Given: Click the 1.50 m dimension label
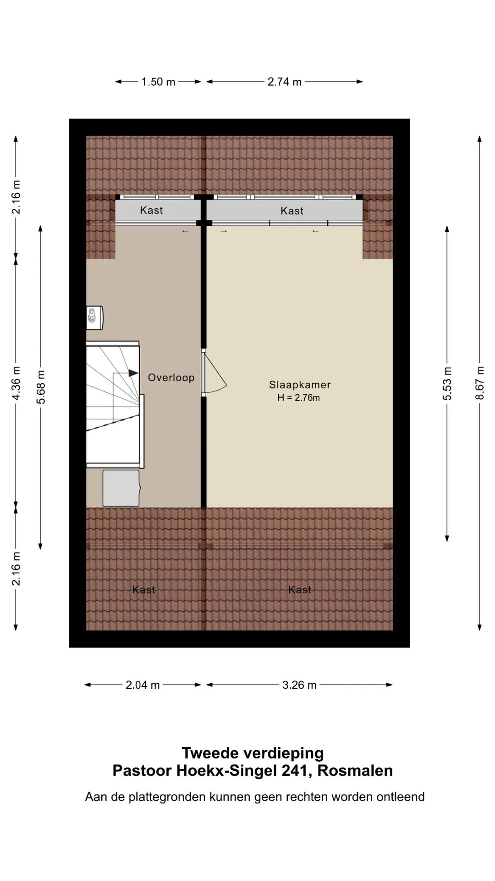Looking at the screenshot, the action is click(x=158, y=82).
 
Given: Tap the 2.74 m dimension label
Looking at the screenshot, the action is click(x=285, y=82).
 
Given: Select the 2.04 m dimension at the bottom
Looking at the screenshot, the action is click(x=143, y=685).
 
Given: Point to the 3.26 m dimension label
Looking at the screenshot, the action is click(x=299, y=685).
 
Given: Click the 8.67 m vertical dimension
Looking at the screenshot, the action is click(x=479, y=383).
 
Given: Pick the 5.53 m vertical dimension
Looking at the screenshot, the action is click(x=447, y=384).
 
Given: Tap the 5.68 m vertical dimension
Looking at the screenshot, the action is click(x=41, y=387).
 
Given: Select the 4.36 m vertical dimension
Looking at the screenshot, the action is click(x=16, y=383).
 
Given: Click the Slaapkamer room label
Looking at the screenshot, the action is click(x=300, y=385).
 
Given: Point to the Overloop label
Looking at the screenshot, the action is click(x=171, y=378).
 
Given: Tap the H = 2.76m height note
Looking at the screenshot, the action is click(x=298, y=398).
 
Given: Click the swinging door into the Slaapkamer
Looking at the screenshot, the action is click(x=214, y=372).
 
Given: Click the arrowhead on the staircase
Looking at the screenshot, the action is click(x=133, y=373).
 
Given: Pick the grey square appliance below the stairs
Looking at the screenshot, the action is click(x=121, y=488).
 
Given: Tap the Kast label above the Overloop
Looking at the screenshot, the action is click(x=151, y=210).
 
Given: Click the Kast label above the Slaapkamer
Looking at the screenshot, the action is click(x=292, y=211).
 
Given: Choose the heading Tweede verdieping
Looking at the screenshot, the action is click(x=253, y=753).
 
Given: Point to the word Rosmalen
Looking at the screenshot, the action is click(x=355, y=770).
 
